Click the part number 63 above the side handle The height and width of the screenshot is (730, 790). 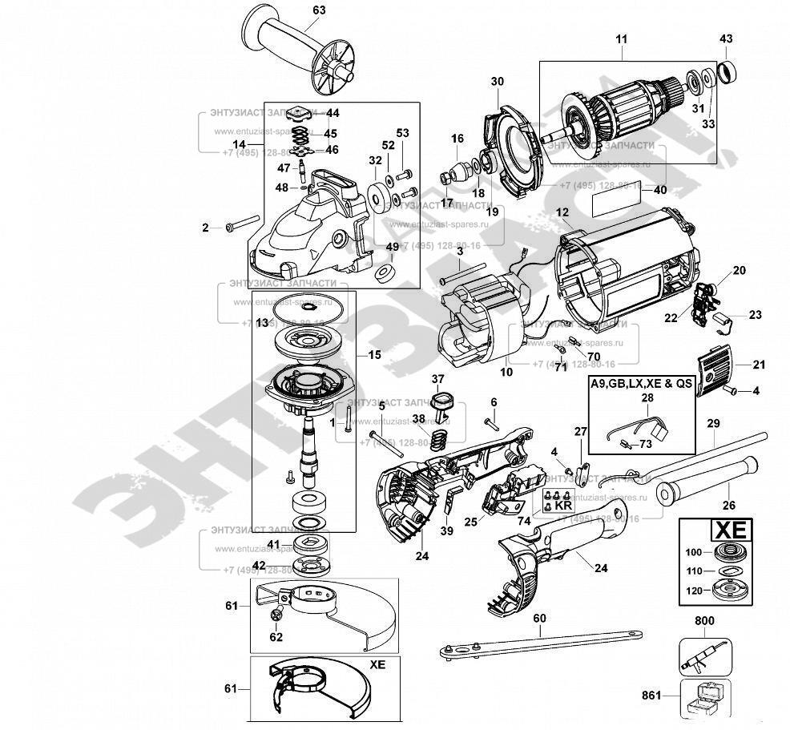click(x=296, y=10)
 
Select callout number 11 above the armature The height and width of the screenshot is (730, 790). click(x=622, y=38)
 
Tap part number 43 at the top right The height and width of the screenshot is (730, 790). click(x=726, y=38)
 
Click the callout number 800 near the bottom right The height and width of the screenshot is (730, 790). click(x=705, y=620)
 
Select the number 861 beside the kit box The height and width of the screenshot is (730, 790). click(x=651, y=696)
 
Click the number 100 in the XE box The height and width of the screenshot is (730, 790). click(x=694, y=552)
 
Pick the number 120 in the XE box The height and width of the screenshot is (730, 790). click(x=694, y=592)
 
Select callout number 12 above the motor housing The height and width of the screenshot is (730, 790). click(x=562, y=212)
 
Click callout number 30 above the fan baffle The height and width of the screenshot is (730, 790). click(x=497, y=81)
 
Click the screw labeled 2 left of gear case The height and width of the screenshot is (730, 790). click(x=243, y=224)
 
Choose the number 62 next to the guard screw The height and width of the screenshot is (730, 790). click(x=276, y=638)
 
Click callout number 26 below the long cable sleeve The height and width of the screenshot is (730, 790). click(x=728, y=505)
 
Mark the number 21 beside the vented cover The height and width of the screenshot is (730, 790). click(x=759, y=365)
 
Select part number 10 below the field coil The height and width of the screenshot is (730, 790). click(x=506, y=372)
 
